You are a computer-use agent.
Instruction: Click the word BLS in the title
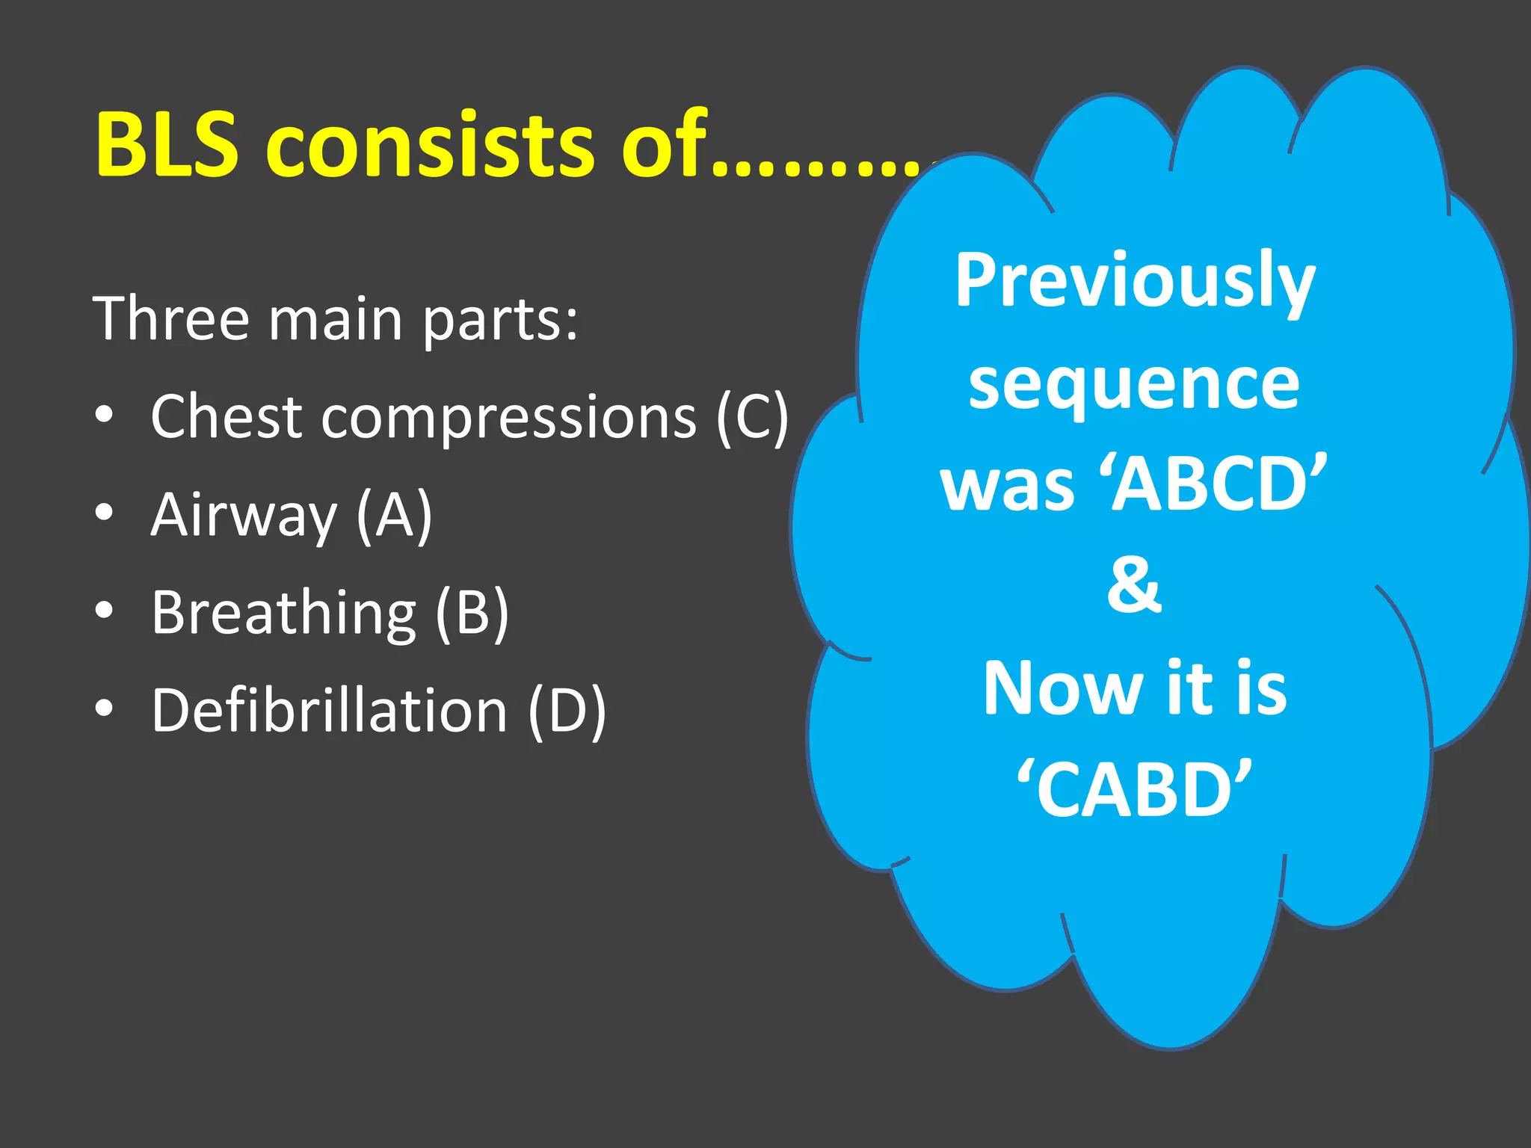(x=167, y=143)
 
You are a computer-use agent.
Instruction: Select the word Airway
(x=244, y=516)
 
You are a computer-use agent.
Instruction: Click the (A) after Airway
(x=394, y=516)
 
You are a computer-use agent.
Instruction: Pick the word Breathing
(x=283, y=614)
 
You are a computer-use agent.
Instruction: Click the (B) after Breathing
(x=472, y=614)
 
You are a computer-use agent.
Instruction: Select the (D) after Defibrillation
(x=567, y=712)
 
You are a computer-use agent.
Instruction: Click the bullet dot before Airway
(x=105, y=513)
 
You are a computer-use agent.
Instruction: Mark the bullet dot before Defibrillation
(x=105, y=709)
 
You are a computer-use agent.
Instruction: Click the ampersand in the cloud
(x=1134, y=584)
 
